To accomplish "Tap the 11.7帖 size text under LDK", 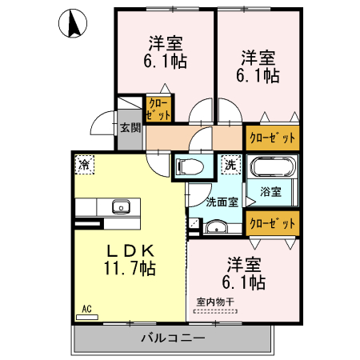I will (128, 269).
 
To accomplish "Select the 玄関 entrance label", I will (130, 127).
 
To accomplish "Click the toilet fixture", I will (190, 167).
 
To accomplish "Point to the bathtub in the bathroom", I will (274, 169).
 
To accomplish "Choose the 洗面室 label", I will (222, 202).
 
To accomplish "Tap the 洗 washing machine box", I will (230, 165).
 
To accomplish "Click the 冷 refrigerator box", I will (84, 165).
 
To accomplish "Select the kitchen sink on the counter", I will (121, 206).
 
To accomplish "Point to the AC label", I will (86, 306).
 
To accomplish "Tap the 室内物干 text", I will (215, 302).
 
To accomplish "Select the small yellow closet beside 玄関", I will (157, 108).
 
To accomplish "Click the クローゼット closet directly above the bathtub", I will (272, 138).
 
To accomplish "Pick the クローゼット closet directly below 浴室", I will (272, 222).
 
